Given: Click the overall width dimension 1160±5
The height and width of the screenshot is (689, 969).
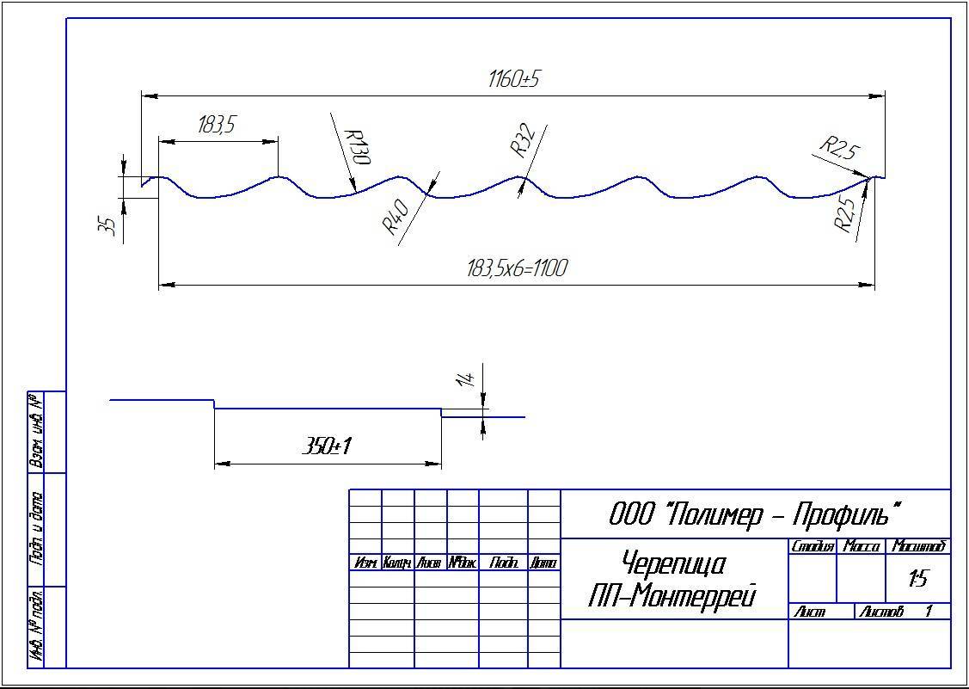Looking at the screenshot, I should pos(513,80).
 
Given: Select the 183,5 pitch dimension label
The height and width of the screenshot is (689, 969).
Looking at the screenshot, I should pos(216,125).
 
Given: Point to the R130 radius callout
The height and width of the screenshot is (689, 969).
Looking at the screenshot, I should pos(356,147).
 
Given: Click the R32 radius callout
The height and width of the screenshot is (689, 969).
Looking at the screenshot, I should pos(524,140).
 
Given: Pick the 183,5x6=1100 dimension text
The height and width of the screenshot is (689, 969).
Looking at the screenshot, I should pos(517,268).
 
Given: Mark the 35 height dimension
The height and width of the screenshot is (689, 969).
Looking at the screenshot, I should pos(109,226).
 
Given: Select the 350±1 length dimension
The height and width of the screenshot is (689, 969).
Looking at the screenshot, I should pos(328,446).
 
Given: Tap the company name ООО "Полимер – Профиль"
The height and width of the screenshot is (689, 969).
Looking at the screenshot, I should pos(756,514).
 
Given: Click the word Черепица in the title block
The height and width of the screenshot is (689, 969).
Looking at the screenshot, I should pos(673,564).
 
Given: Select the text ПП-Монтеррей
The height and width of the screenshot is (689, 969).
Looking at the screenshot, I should pos(672,595).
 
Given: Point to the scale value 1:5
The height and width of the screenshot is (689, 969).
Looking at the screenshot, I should pos(918,579).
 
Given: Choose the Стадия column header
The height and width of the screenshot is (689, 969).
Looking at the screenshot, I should pos(813,546).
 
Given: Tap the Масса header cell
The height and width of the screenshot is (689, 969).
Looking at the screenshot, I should pos(861,546).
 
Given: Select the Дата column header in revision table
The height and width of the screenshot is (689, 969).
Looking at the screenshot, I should pos(543,563).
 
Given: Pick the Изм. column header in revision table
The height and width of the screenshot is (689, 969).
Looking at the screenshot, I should pos(365,563).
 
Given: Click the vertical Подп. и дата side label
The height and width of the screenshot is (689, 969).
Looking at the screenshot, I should pos(38,528).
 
